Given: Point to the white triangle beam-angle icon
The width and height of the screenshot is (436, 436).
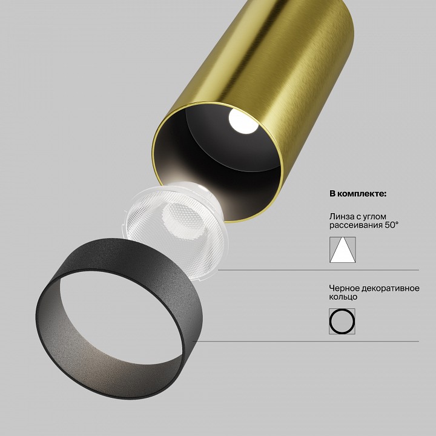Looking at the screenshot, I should point(343,249).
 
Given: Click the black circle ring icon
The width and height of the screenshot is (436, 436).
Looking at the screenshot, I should point(342,320).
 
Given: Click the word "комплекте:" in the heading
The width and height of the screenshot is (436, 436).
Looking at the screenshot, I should point(365,194).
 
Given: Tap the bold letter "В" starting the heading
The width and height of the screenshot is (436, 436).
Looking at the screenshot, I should point(332,194).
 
